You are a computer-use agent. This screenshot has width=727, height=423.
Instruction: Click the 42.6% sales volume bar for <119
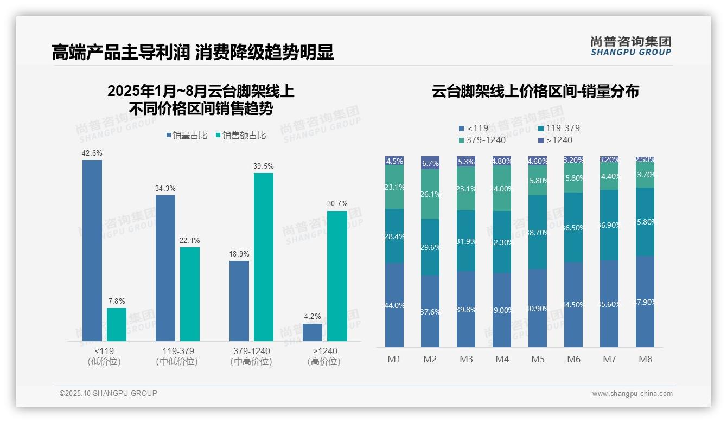click(x=92, y=250)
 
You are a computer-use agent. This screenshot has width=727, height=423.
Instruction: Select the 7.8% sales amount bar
click(x=117, y=324)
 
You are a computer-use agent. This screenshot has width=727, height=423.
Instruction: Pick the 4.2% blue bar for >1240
click(x=313, y=332)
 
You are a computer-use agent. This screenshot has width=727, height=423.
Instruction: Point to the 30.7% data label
click(x=337, y=204)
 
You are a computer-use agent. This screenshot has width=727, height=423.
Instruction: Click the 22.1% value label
click(x=190, y=240)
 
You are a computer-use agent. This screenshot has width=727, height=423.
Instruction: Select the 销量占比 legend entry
click(x=187, y=136)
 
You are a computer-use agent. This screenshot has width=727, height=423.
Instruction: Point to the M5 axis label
click(x=538, y=359)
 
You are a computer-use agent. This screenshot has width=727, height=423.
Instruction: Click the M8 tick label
click(x=645, y=359)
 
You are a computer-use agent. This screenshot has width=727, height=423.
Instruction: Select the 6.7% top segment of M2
click(x=430, y=163)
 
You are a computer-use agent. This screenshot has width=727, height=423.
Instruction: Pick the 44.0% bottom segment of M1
click(x=394, y=305)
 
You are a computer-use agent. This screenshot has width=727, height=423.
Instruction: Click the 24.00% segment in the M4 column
click(x=502, y=188)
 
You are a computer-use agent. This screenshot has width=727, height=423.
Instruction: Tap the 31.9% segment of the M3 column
click(x=466, y=241)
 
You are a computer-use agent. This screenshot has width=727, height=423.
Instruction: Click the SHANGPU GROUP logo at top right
click(x=631, y=46)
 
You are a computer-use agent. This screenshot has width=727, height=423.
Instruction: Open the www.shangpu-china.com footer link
click(x=632, y=394)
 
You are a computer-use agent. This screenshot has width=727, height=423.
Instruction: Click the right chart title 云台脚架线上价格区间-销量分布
click(x=535, y=91)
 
